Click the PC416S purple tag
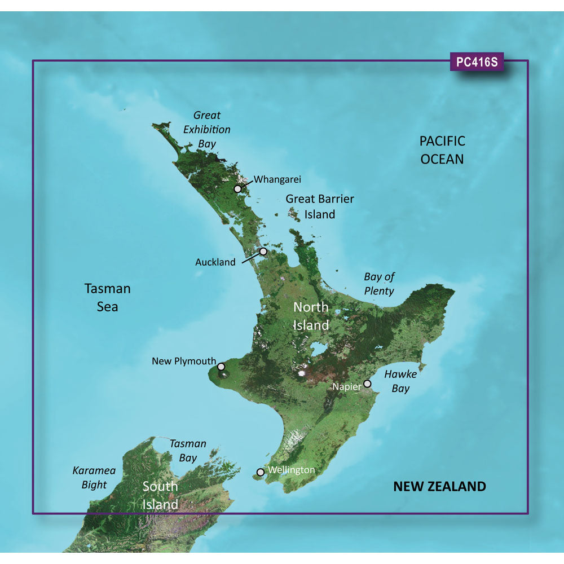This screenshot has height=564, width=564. click(477, 62)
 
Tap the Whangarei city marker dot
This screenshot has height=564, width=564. click(239, 189)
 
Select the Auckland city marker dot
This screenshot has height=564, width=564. click(263, 252)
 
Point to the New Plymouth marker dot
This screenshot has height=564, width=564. click(221, 367)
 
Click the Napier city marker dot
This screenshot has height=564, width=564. click(367, 384)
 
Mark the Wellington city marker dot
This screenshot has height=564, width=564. click(260, 472)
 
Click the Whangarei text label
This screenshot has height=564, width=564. click(277, 179)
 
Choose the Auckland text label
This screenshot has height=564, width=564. click(215, 262)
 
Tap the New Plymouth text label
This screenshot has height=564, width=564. click(184, 361)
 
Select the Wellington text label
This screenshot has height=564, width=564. click(292, 469)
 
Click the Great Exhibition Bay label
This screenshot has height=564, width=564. click(207, 130)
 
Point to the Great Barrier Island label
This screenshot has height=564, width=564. click(320, 206)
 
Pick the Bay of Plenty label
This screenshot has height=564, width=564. click(379, 284)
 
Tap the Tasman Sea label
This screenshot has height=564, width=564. click(107, 297)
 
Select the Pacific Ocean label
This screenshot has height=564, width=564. click(443, 150)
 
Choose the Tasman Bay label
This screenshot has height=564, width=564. click(188, 451)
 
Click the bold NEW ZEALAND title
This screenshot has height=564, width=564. click(439, 486)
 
